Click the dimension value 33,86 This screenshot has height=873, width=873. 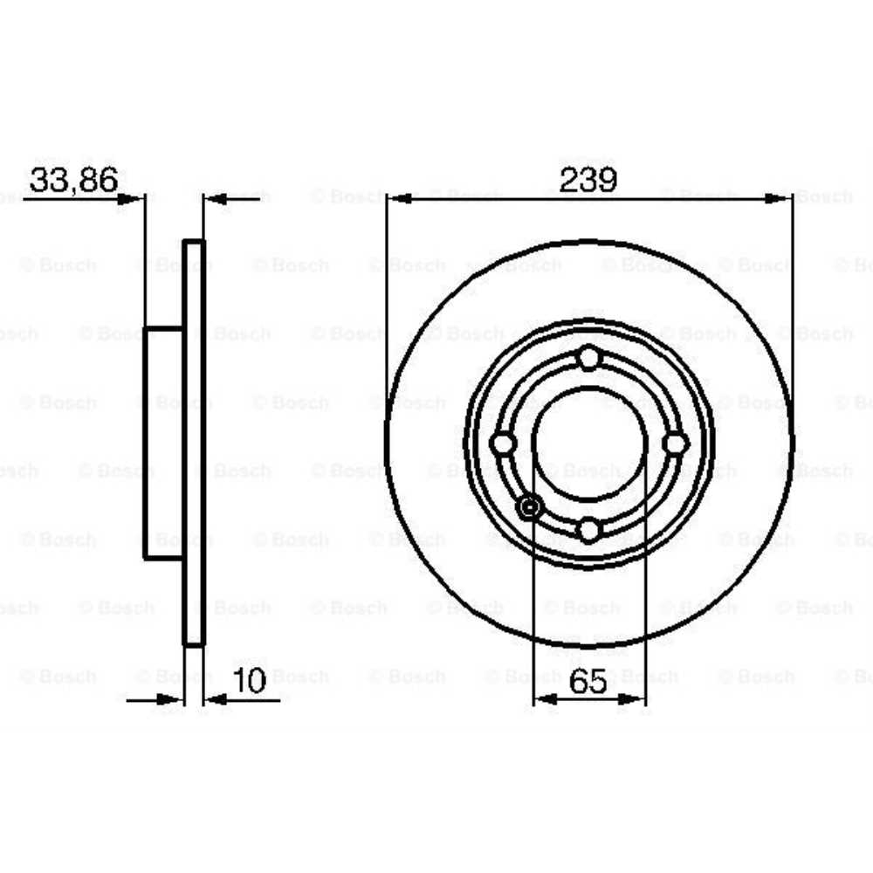click(x=73, y=181)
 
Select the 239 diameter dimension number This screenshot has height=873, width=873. click(x=588, y=181)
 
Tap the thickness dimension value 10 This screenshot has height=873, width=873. click(x=250, y=681)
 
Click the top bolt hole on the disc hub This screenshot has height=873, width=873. click(x=589, y=358)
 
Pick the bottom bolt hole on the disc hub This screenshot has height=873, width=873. click(x=589, y=529)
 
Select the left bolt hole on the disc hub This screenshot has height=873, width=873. click(x=503, y=443)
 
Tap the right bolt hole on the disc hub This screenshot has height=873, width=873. click(x=675, y=443)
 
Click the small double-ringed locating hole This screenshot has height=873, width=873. click(x=529, y=506)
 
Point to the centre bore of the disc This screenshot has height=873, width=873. click(x=589, y=443)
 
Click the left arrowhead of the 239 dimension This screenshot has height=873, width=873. click(x=398, y=199)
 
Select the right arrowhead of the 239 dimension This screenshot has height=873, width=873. click(x=780, y=199)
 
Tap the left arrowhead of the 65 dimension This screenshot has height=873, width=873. click(x=545, y=698)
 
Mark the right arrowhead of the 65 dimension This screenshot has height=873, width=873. click(x=634, y=698)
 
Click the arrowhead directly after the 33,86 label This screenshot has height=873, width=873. click(x=131, y=199)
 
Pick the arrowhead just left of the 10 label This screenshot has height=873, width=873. click(x=171, y=698)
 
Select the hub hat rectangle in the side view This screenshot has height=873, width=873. click(x=163, y=443)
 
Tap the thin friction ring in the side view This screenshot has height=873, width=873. click(x=194, y=443)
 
